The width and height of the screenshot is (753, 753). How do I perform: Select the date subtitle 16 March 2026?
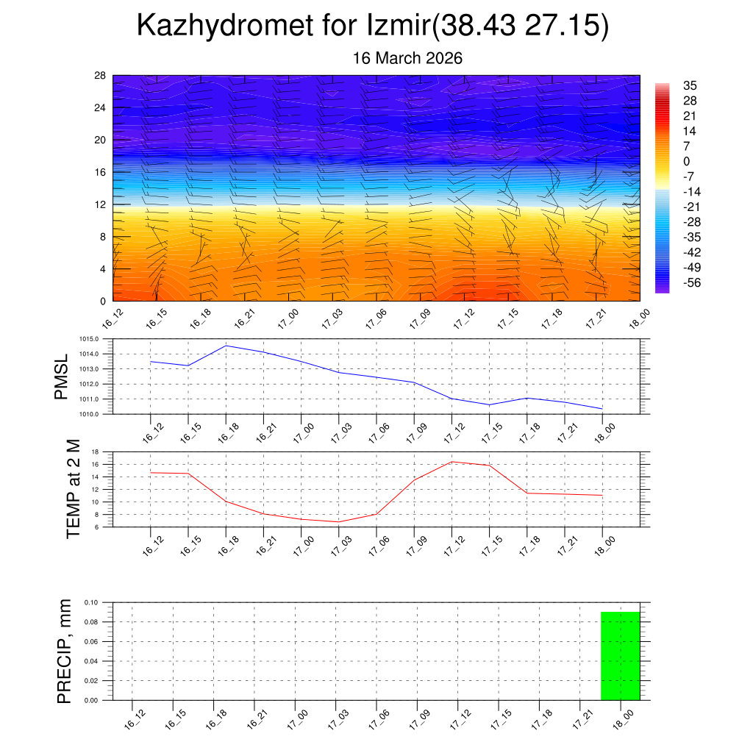[407, 58]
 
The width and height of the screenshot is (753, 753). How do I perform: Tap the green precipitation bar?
[620, 656]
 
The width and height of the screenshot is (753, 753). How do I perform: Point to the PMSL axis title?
[61, 376]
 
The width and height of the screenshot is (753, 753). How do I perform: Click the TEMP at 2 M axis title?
[74, 488]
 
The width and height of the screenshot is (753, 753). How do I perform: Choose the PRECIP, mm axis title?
[65, 651]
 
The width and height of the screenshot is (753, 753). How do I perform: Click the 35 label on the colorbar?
[690, 85]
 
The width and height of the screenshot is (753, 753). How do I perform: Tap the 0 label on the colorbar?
[687, 162]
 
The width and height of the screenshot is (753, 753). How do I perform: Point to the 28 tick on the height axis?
[100, 76]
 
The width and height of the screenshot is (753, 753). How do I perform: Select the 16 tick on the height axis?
[100, 172]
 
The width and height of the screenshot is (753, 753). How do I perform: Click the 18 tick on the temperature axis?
[95, 452]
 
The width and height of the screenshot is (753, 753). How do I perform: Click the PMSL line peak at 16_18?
[226, 346]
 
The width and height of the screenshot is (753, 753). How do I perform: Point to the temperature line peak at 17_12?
[452, 462]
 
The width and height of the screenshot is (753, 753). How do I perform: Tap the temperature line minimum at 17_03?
[338, 521]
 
